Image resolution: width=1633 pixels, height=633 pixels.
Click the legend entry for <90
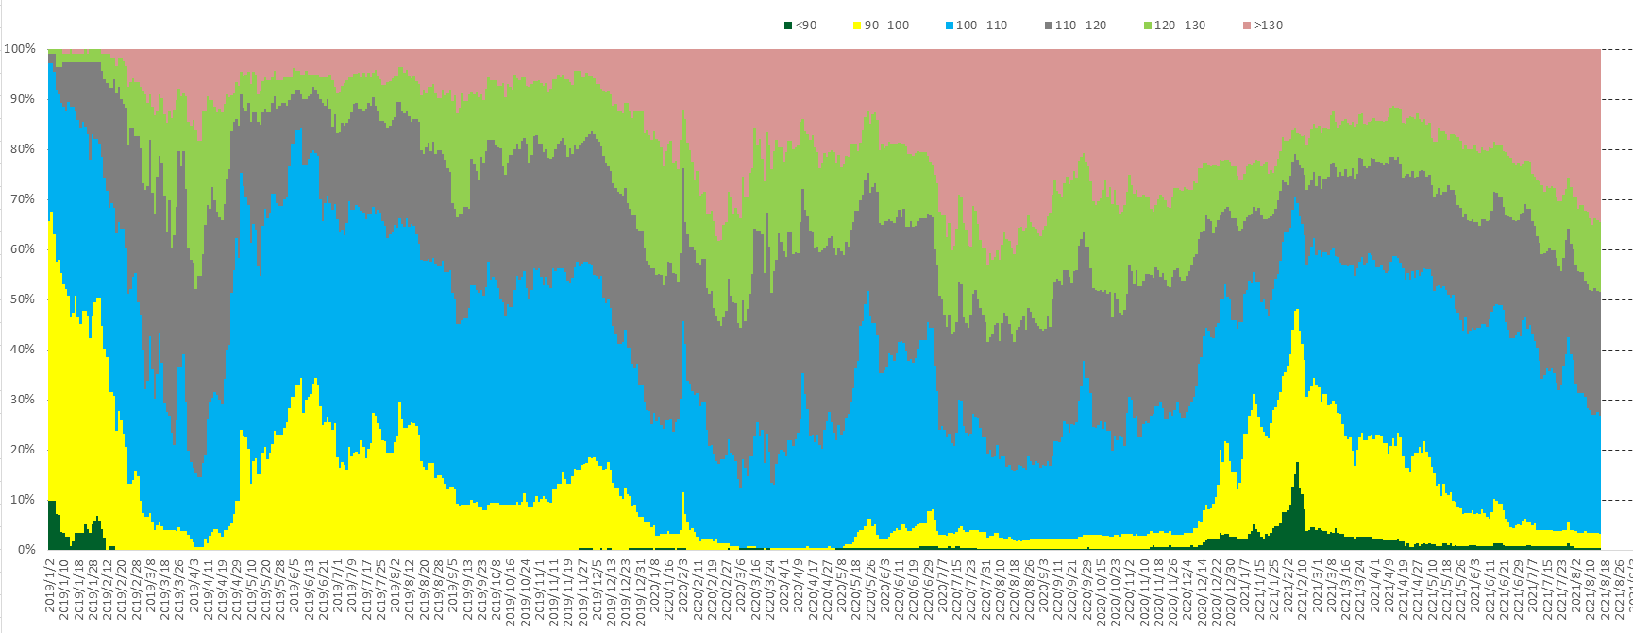pos(805,26)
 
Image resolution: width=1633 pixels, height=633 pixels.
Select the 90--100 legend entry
pos(886,26)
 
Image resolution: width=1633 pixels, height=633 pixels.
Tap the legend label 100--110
pos(981,26)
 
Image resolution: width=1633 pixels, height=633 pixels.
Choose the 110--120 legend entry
pos(1080,26)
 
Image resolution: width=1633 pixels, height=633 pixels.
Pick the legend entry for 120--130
pos(1179,26)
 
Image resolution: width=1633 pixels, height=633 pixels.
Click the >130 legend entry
pos(1268,26)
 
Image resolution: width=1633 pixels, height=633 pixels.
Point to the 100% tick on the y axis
pos(20,49)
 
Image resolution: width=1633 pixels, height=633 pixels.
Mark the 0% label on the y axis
pos(25,550)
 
